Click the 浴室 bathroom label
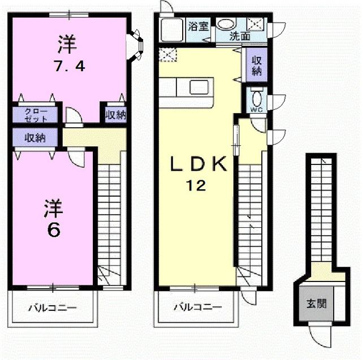tap(199, 27)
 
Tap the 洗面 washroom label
tap(240, 36)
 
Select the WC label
tap(257, 110)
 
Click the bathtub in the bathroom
tap(172, 30)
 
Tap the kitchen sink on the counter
tap(199, 87)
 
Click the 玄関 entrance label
tap(316, 303)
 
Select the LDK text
tap(199, 164)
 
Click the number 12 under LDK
tap(196, 185)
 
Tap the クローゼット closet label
tap(36, 115)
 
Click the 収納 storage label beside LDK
tap(256, 66)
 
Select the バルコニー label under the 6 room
tap(53, 308)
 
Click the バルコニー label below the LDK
tap(197, 307)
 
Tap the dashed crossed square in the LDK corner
tap(168, 55)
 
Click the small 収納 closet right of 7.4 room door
tap(115, 115)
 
